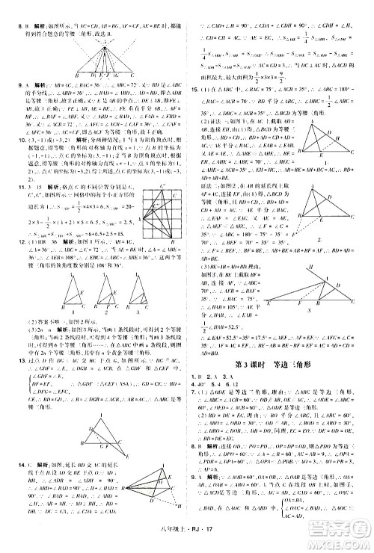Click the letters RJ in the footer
pos(199,543)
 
